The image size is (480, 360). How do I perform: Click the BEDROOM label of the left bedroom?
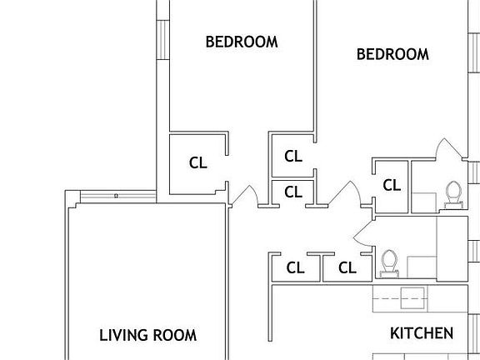(242, 42)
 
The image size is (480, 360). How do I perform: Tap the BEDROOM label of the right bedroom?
(392, 54)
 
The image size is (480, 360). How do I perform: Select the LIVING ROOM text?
(147, 335)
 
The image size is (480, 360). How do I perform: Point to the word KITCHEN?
(422, 333)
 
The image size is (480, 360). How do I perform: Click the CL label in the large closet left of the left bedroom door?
(198, 162)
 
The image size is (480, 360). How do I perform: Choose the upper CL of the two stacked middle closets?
(293, 156)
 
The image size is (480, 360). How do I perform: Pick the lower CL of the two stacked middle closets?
(293, 192)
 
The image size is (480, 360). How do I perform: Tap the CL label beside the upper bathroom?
(392, 185)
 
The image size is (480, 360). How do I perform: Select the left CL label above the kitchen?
(295, 267)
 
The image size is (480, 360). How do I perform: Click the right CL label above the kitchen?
(347, 267)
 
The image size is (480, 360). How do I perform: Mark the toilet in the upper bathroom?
(453, 195)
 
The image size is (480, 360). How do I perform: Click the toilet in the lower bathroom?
(389, 263)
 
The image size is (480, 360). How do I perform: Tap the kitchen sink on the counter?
(412, 297)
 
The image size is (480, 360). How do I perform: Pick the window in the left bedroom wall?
(162, 40)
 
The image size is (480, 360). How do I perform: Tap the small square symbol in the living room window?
(116, 196)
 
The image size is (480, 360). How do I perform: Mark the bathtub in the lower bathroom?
(452, 248)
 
